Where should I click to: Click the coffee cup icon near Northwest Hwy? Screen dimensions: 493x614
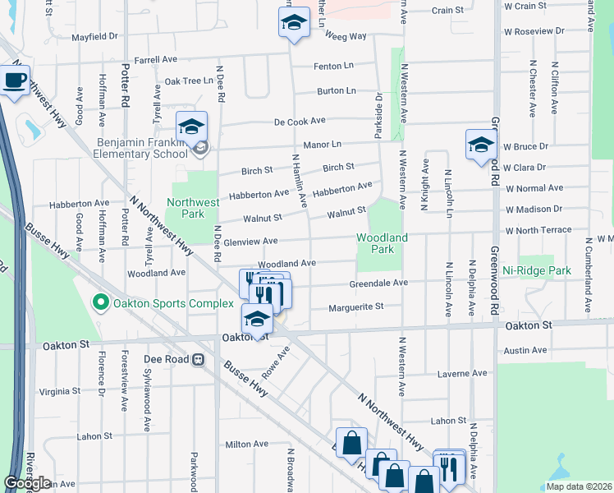click(14, 81)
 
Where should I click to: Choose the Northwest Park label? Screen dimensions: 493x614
click(194, 208)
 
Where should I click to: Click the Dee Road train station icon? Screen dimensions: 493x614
click(198, 359)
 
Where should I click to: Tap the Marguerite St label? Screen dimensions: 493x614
click(356, 306)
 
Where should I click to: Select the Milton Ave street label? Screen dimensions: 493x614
click(247, 445)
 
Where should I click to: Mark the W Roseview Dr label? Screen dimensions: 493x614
click(535, 30)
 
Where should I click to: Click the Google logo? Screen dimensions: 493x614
click(27, 483)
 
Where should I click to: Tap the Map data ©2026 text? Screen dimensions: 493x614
click(579, 486)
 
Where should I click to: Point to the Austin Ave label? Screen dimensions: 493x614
click(525, 350)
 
